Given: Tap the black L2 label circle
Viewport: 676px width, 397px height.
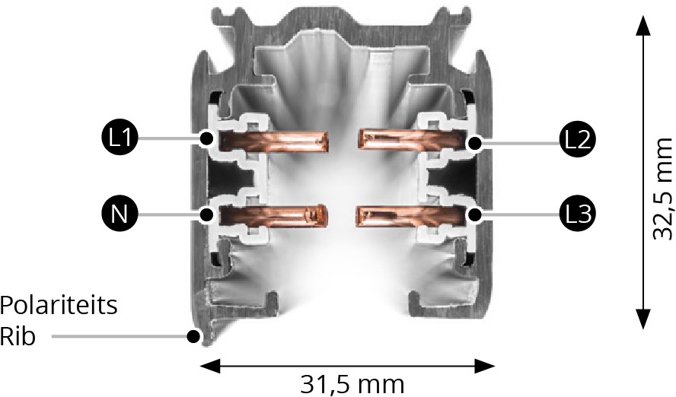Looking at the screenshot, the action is pos(578,140).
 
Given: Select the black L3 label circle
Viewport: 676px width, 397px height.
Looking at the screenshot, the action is pos(578,214).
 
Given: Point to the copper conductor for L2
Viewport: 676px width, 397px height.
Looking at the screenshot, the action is pos(413,139).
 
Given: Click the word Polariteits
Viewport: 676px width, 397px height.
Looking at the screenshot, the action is pos(59,306).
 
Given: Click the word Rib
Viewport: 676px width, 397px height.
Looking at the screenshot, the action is pos(18,336).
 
